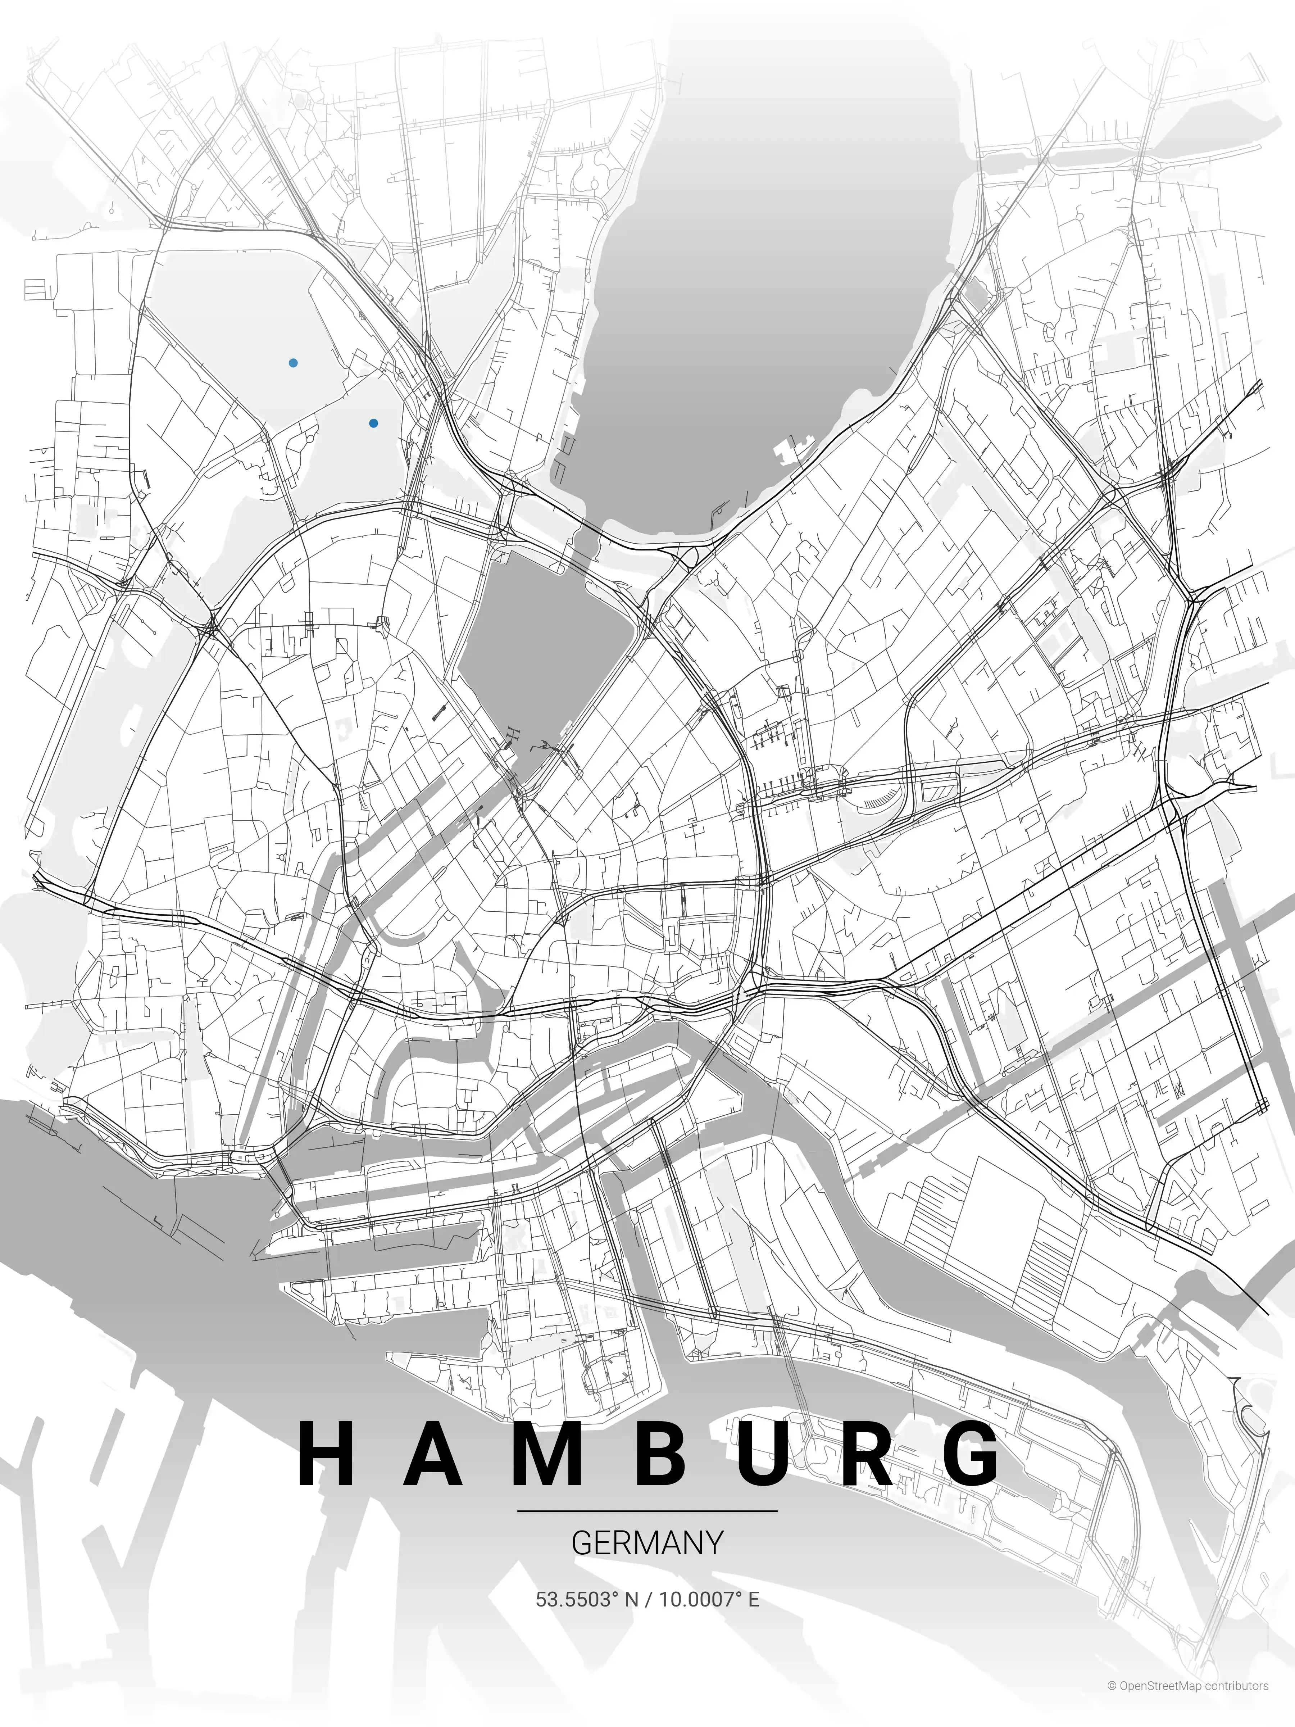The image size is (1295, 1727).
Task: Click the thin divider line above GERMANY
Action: click(647, 1511)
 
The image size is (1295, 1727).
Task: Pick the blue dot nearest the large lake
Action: click(374, 423)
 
